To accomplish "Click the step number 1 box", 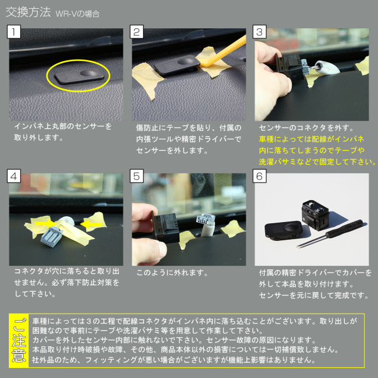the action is pyautogui.click(x=14, y=31).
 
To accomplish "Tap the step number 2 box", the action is pyautogui.click(x=136, y=31).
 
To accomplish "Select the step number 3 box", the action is pyautogui.click(x=259, y=31).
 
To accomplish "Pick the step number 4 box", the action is pyautogui.click(x=14, y=176).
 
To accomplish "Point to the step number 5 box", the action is pyautogui.click(x=136, y=176).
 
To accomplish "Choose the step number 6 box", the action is pyautogui.click(x=259, y=176).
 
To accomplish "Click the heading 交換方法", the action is pyautogui.click(x=28, y=12).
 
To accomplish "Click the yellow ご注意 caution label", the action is pyautogui.click(x=19, y=340).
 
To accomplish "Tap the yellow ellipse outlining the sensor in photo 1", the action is pyautogui.click(x=78, y=60).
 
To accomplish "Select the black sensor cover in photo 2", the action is pyautogui.click(x=177, y=64).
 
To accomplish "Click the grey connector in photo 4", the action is pyautogui.click(x=51, y=237).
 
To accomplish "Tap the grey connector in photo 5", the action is pyautogui.click(x=206, y=219).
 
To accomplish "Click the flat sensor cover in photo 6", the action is pyautogui.click(x=283, y=230).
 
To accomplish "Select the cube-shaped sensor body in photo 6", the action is pyautogui.click(x=315, y=214).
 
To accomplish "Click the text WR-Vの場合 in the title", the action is pyautogui.click(x=77, y=14).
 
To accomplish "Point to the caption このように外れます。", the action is pyautogui.click(x=172, y=273).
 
